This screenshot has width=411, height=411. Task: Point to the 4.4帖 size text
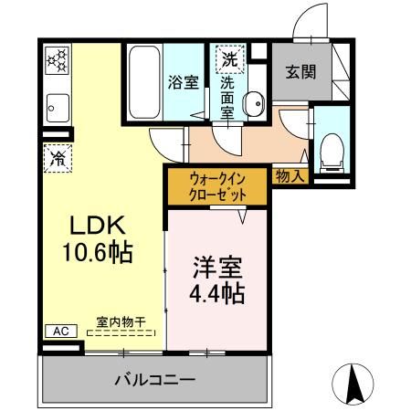point(216,295)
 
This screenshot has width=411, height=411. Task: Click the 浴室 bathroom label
point(183,82)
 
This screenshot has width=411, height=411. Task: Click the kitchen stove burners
point(57,62)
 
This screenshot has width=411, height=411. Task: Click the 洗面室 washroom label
point(227,95)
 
